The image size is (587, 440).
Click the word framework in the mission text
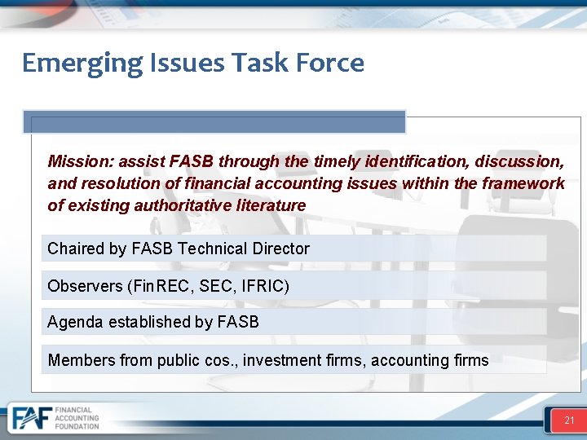523,183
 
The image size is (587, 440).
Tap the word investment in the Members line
285,360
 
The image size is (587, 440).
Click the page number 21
569,420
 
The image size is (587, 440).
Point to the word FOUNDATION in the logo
77,426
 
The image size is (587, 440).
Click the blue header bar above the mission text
214,122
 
